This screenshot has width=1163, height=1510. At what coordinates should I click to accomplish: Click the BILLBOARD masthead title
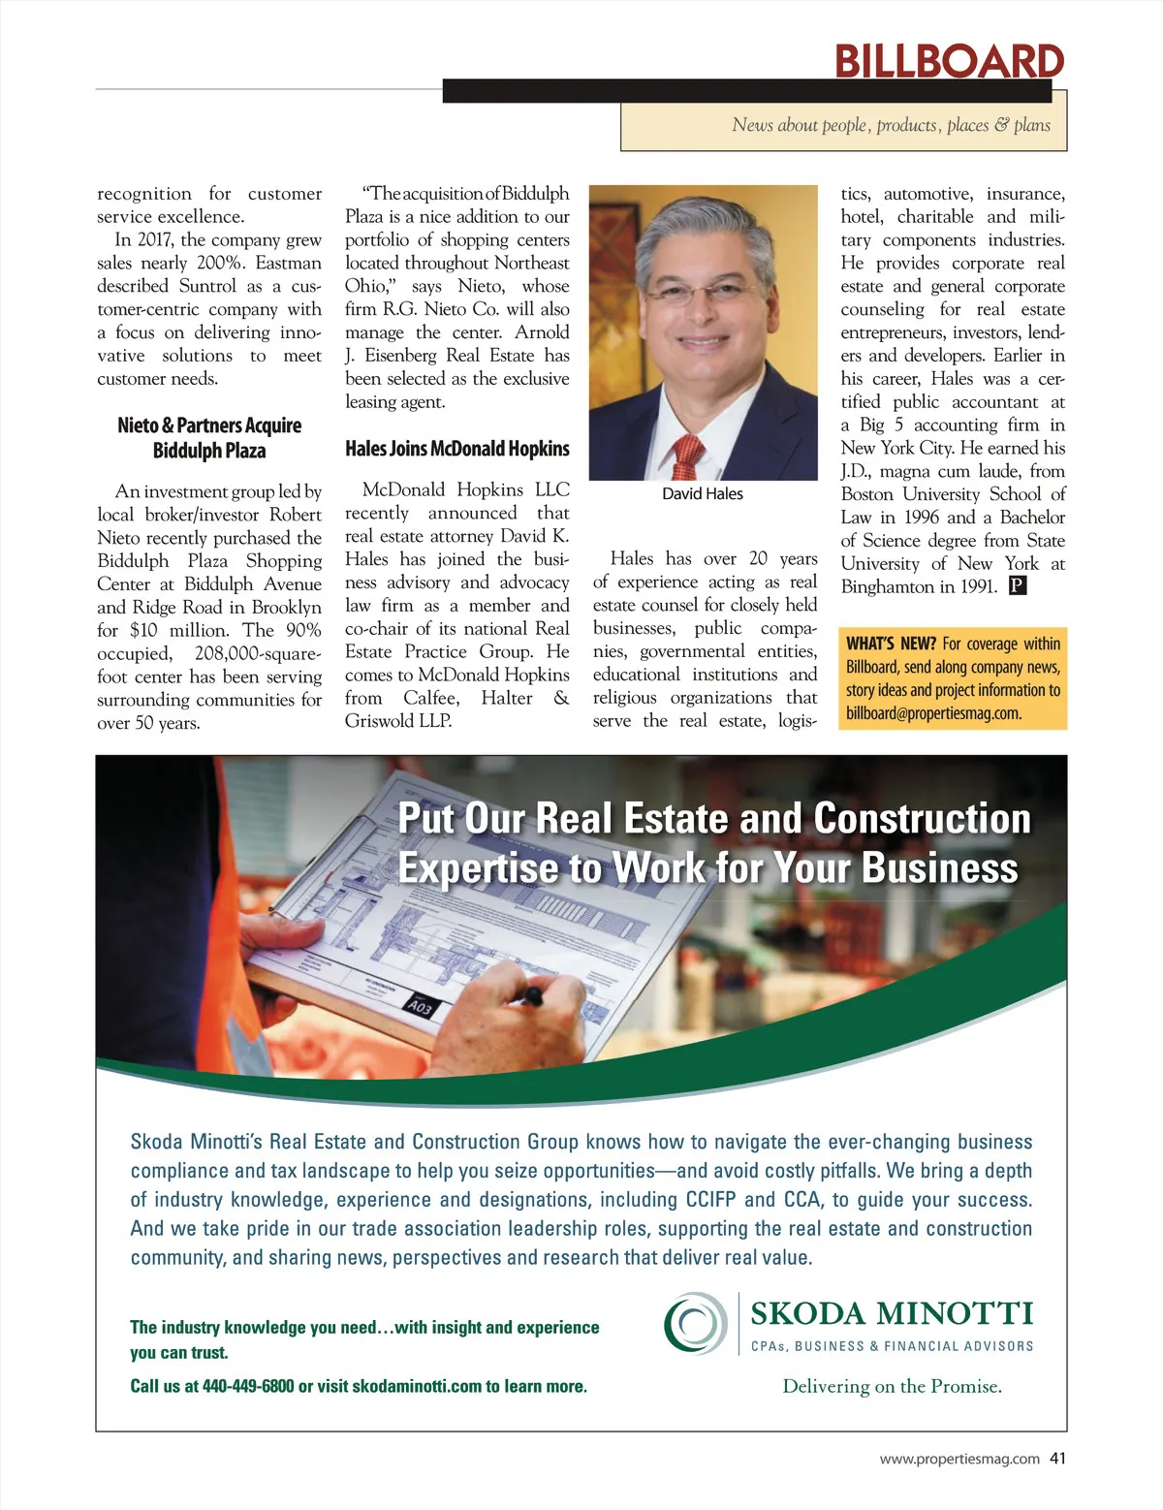(949, 61)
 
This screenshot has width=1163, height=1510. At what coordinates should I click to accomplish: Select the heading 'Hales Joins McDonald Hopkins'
(456, 449)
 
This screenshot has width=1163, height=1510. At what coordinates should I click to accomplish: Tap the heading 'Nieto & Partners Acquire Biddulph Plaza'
(209, 438)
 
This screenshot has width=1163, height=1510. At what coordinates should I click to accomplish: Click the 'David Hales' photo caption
(702, 494)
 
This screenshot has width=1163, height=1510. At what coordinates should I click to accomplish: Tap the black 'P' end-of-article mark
(1018, 586)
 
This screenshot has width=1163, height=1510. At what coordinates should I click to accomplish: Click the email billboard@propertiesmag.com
(933, 714)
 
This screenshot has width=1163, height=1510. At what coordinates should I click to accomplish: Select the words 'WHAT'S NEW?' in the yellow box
(891, 645)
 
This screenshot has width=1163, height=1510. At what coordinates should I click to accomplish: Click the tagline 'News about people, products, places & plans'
(891, 125)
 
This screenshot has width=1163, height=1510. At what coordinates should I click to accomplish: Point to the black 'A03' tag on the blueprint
(421, 1007)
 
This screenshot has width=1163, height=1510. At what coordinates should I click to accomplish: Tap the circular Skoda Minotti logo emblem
(695, 1323)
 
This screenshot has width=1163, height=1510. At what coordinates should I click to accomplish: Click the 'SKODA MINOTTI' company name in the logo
(892, 1314)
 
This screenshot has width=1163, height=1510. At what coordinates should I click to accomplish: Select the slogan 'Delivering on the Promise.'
(892, 1387)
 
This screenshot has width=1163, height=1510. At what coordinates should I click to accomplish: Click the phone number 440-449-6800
(247, 1387)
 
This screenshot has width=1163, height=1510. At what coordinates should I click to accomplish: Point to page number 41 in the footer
(1057, 1459)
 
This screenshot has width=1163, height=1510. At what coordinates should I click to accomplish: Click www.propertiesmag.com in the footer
(959, 1460)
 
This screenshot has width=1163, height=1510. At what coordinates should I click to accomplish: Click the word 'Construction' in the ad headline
(922, 819)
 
